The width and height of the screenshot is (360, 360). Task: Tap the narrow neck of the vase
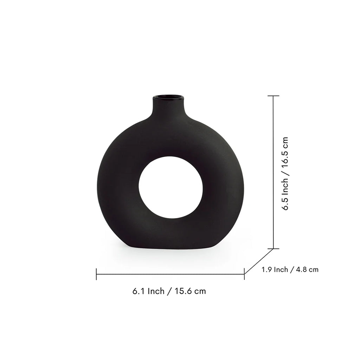(x=168, y=107)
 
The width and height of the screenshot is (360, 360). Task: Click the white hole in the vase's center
(x=171, y=187)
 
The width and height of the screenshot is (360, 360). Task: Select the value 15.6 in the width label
(x=183, y=291)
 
